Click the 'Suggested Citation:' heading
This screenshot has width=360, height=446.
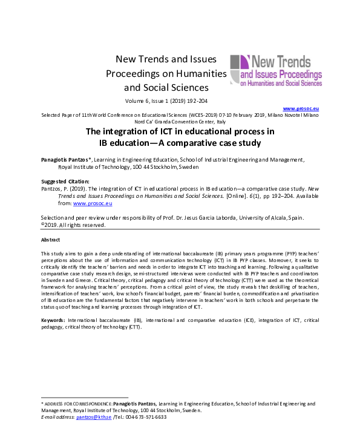tap(65, 182)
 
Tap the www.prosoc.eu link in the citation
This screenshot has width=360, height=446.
tap(90, 203)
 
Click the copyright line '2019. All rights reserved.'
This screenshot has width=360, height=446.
tap(76, 225)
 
